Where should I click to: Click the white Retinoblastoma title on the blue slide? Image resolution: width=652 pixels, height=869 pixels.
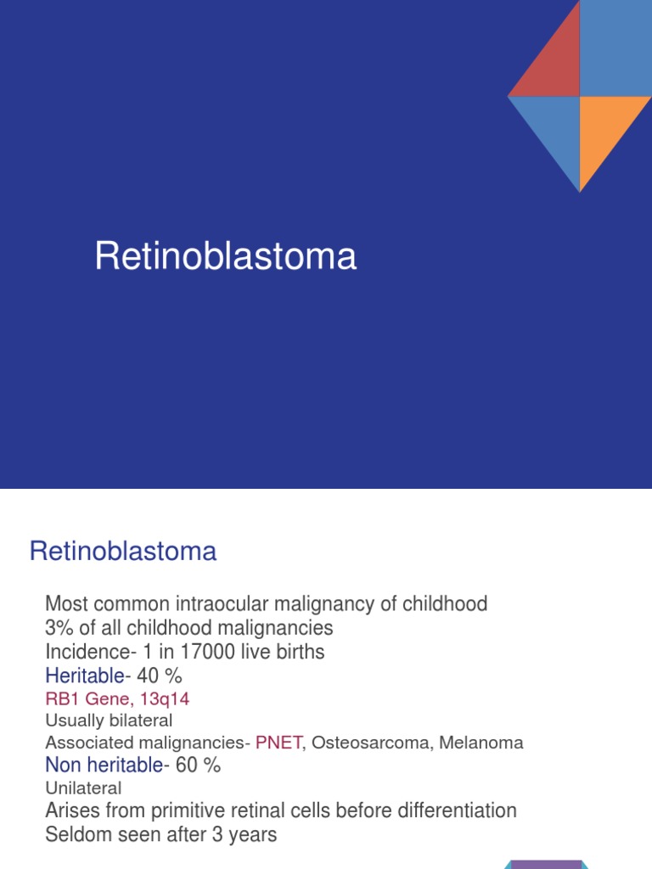click(x=225, y=256)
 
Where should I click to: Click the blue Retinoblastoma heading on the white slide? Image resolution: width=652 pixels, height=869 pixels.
click(x=123, y=552)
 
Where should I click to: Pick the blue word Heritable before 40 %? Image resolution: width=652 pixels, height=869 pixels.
click(x=84, y=676)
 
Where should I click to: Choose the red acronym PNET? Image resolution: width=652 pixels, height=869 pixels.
click(x=278, y=743)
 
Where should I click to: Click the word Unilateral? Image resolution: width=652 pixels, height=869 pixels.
click(x=83, y=788)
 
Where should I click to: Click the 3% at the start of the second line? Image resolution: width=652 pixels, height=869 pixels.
click(x=59, y=628)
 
